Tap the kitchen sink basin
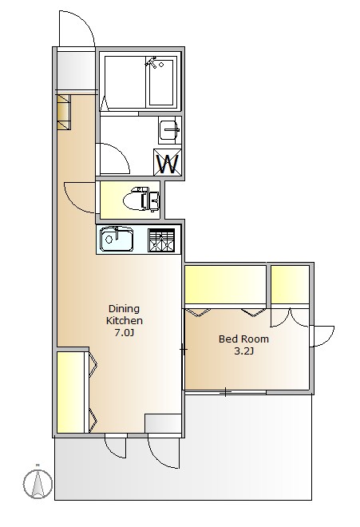pyautogui.click(x=117, y=239)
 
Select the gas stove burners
pyautogui.click(x=161, y=240)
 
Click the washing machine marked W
pyautogui.click(x=168, y=162)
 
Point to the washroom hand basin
pyautogui.click(x=169, y=130)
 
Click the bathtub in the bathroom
pyautogui.click(x=161, y=82)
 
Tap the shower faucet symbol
pyautogui.click(x=152, y=62)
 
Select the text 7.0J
pyautogui.click(x=125, y=333)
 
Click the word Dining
pyautogui.click(x=124, y=308)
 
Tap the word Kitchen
pyautogui.click(x=125, y=320)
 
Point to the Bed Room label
pyautogui.click(x=243, y=339)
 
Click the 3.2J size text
pyautogui.click(x=243, y=351)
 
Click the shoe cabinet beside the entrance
pyautogui.click(x=64, y=112)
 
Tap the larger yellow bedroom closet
pyautogui.click(x=226, y=285)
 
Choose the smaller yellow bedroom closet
pyautogui.click(x=290, y=284)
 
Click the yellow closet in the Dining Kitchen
pyautogui.click(x=70, y=392)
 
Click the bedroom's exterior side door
pyautogui.click(x=322, y=336)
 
